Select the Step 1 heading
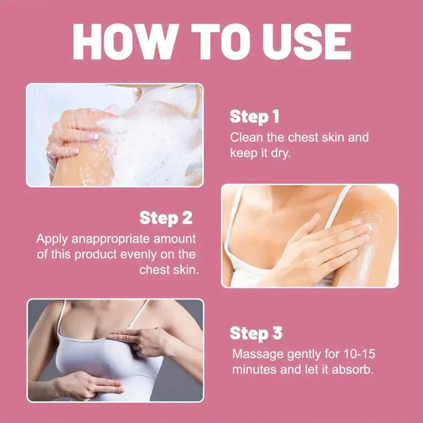254,117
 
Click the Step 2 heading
166,217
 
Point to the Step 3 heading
256,333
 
